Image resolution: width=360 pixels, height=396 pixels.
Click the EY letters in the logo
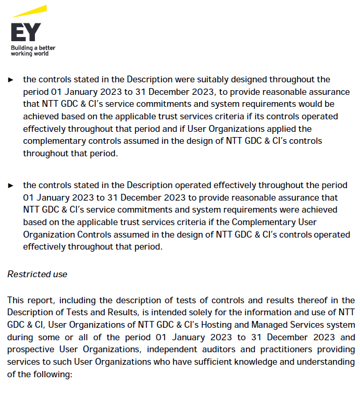click(x=26, y=32)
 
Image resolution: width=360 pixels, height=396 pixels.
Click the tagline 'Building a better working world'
click(x=33, y=51)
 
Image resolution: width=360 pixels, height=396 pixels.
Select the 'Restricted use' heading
click(x=37, y=274)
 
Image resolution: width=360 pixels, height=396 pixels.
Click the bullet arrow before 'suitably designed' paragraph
click(x=10, y=80)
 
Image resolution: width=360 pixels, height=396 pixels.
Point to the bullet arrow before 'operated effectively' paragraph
click(x=10, y=185)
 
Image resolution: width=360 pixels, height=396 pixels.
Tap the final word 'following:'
click(x=48, y=374)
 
